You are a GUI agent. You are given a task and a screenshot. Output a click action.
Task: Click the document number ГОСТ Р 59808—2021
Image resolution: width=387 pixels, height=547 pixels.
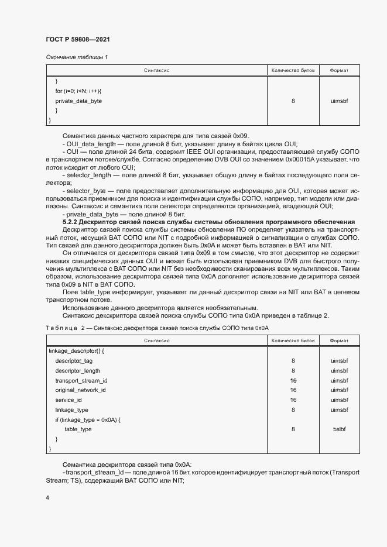[78, 39]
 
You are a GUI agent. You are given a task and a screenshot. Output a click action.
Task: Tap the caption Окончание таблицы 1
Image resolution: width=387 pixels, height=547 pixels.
[77, 57]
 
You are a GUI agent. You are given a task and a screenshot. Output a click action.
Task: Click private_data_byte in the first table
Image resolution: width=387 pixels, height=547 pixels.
[78, 101]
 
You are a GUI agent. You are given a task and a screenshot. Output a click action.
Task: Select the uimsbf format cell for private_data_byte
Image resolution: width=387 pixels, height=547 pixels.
[339, 101]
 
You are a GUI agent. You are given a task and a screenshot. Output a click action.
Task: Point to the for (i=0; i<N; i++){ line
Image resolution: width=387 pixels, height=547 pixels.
[78, 91]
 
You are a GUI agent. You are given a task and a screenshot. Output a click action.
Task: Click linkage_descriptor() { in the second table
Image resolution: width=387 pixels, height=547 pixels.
[76, 351]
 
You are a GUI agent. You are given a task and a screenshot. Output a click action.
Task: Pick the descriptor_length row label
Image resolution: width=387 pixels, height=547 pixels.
[78, 371]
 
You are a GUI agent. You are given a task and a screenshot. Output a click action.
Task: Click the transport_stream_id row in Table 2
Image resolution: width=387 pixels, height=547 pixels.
[81, 380]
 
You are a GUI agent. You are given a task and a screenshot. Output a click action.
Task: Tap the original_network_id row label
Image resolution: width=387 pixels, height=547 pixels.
[80, 390]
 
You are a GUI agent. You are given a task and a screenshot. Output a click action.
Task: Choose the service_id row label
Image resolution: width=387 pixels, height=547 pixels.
[69, 400]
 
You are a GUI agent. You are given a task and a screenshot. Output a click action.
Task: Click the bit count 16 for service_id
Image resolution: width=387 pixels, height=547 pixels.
[293, 400]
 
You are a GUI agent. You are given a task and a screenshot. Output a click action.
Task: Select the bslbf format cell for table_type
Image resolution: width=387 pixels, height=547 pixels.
[339, 429]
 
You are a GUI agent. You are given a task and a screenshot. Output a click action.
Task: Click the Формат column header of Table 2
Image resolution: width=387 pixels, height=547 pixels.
[339, 340]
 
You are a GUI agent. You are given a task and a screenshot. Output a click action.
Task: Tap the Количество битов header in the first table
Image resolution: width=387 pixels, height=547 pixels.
[293, 70]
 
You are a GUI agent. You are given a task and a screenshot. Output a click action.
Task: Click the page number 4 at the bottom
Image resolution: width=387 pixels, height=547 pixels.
[47, 497]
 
